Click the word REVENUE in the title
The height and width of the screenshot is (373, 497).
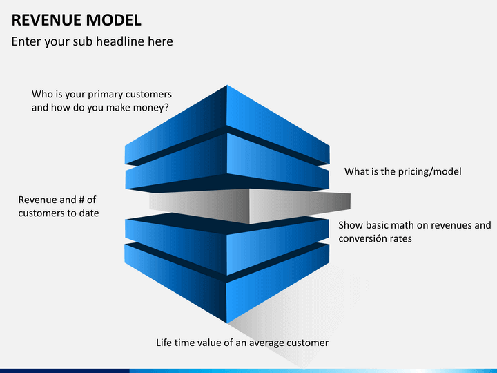[46, 20]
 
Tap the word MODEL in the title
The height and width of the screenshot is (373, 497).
[113, 20]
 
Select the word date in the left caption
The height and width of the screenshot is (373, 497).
[89, 213]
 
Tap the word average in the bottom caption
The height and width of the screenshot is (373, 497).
[266, 343]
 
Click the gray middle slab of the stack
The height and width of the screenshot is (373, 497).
[250, 206]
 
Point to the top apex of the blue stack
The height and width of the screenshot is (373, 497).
[227, 85]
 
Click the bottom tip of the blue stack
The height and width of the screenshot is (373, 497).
[227, 323]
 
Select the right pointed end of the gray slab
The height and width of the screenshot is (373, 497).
[350, 201]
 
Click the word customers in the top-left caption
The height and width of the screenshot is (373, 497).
[148, 94]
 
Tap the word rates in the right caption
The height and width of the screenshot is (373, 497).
[402, 238]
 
